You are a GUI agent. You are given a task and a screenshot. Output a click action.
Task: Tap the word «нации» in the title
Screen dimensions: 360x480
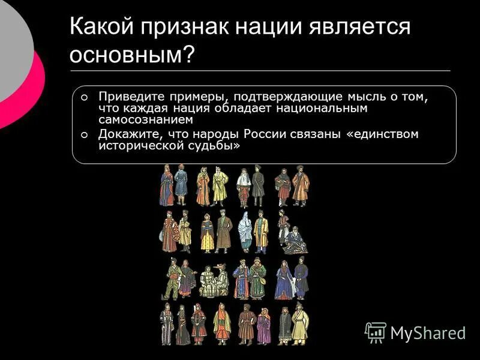[266, 29]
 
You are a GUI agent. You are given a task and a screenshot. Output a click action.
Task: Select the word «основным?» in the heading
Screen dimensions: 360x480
[132, 55]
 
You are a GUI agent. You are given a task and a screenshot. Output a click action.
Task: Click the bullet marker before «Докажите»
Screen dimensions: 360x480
[84, 134]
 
